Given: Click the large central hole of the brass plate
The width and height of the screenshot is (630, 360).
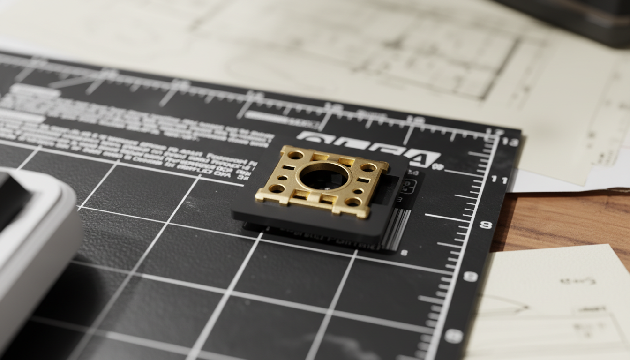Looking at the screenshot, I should pos(324,176).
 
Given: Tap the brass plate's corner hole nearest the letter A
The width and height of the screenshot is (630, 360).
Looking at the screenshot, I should pos(368,167).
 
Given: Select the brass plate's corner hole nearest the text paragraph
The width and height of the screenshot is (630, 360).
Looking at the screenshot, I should pos(295,155).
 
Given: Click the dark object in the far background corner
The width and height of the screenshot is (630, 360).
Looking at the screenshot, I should pos(577,19).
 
